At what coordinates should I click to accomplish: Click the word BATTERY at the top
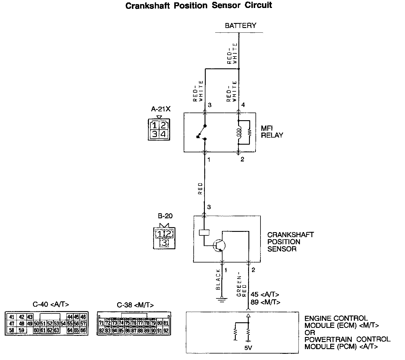click(240, 26)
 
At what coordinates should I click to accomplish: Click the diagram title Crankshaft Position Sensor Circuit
click(199, 6)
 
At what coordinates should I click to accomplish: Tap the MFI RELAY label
click(272, 132)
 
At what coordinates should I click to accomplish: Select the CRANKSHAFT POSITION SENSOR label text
click(290, 242)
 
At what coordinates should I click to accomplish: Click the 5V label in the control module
click(248, 348)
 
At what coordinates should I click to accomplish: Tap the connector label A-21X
click(161, 109)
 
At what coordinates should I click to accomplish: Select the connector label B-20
click(165, 216)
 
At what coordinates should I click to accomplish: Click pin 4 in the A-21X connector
click(163, 134)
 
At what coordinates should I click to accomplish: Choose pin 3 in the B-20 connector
click(164, 243)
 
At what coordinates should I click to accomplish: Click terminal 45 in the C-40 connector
click(77, 317)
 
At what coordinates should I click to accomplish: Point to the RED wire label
click(200, 189)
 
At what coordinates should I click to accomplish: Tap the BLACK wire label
click(218, 279)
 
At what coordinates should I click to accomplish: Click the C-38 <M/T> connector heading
click(135, 305)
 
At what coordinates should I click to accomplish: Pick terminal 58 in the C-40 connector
click(11, 330)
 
